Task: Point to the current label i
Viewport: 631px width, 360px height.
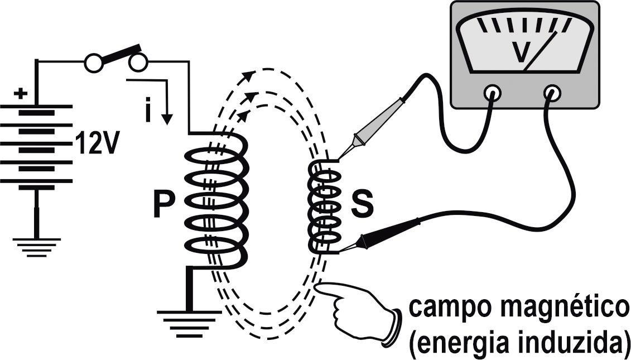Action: click(x=147, y=112)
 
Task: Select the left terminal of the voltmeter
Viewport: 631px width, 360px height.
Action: click(x=492, y=92)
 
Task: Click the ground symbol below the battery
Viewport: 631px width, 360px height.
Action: click(x=37, y=246)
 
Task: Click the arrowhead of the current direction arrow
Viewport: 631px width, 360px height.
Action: click(x=166, y=119)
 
